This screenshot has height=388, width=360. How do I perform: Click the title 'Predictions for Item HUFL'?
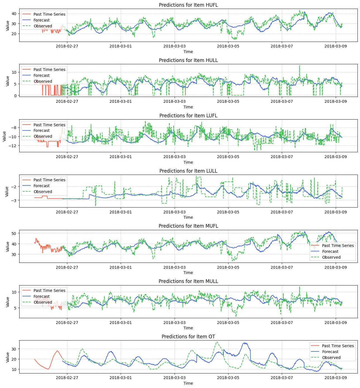(188, 5)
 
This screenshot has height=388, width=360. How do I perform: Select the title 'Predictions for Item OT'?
(188, 337)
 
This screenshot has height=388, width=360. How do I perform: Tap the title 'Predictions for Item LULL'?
(188, 171)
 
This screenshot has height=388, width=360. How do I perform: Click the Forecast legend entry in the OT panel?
(330, 352)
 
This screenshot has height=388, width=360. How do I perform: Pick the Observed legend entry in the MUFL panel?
(331, 257)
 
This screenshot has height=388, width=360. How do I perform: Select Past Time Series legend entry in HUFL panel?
(49, 14)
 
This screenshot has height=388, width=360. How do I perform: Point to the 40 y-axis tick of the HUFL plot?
(14, 14)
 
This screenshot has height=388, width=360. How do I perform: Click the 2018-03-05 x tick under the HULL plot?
(228, 101)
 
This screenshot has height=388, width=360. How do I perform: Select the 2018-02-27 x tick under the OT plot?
(67, 378)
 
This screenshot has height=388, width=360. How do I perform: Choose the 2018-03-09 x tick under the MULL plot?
(335, 322)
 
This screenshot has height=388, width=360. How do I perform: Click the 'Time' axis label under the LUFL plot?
(188, 162)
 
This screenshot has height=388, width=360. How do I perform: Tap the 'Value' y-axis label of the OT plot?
(8, 357)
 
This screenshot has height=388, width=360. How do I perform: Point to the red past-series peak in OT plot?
(57, 351)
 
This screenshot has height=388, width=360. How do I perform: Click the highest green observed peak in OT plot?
(217, 342)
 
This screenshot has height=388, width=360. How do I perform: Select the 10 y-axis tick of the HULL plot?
(14, 72)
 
